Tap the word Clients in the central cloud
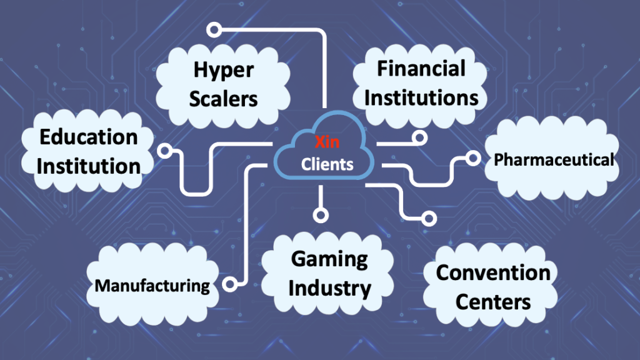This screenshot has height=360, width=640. click(x=327, y=164)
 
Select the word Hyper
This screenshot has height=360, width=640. click(x=224, y=70)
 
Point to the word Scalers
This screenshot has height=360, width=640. click(x=224, y=99)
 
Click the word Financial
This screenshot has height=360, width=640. click(x=421, y=69)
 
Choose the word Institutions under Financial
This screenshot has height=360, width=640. click(x=421, y=97)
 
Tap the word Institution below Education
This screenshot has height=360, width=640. click(x=87, y=166)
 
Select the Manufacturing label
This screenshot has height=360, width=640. click(x=152, y=286)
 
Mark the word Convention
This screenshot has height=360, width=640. click(x=493, y=273)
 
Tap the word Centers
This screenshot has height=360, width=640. click(x=493, y=302)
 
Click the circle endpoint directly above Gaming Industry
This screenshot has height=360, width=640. click(x=321, y=215)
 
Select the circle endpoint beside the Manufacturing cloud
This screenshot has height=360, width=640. click(x=229, y=284)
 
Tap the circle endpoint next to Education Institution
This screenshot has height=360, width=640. click(x=165, y=150)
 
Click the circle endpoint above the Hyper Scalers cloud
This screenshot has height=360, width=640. click(x=214, y=29)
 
